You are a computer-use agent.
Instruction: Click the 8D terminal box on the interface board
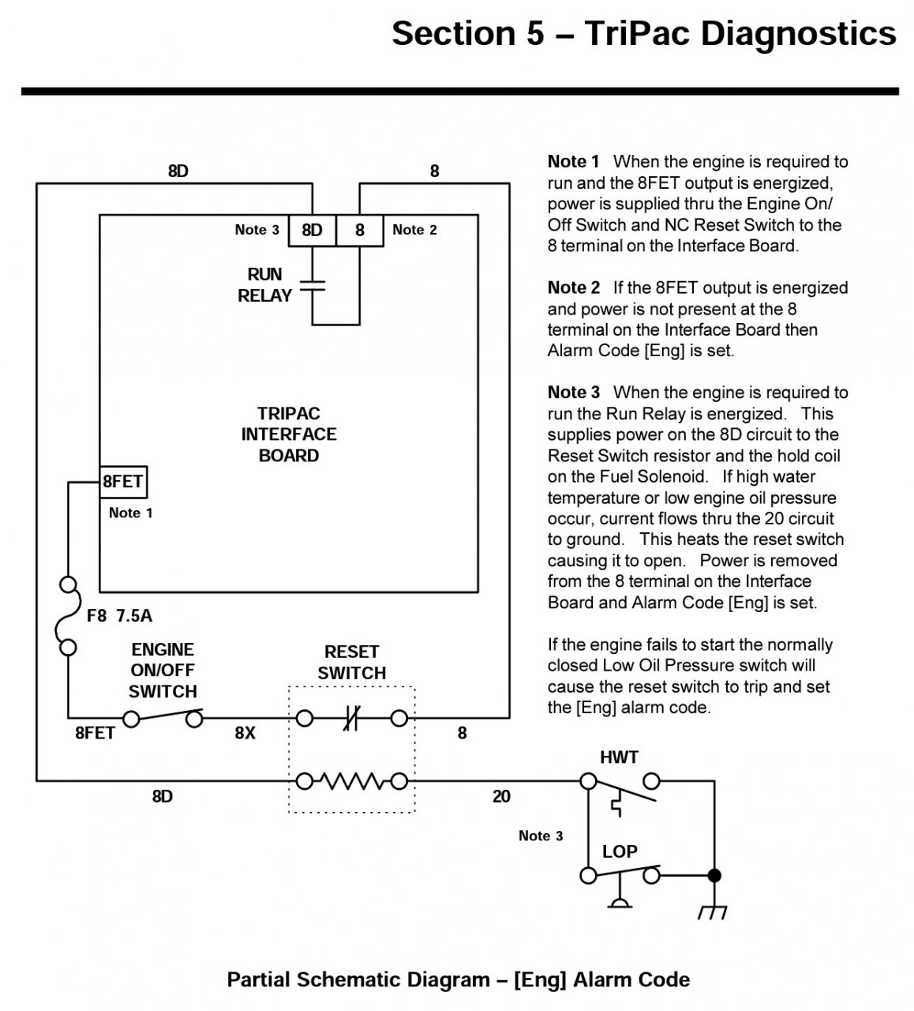click(312, 231)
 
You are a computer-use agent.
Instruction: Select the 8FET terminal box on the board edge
click(123, 482)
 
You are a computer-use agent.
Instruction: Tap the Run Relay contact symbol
click(313, 286)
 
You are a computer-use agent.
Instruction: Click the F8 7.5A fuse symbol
click(68, 616)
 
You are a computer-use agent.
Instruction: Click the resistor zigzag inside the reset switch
click(352, 781)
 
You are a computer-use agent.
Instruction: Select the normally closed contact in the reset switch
click(352, 718)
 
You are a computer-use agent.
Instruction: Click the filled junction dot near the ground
click(714, 875)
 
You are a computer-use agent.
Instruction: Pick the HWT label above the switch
click(619, 757)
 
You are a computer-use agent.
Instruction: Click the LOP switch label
click(620, 851)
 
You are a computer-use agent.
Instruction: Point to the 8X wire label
click(245, 733)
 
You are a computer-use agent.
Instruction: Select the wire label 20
click(501, 796)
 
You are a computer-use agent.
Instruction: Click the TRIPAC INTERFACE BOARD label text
click(289, 434)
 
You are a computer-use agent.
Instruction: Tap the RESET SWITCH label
click(352, 662)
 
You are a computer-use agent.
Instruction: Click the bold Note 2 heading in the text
click(573, 288)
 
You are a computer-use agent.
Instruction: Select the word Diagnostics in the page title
click(799, 33)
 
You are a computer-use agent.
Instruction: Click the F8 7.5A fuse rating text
click(119, 615)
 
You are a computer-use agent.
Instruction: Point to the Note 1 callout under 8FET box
click(130, 513)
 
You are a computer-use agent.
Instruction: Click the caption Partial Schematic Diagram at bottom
click(358, 979)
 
